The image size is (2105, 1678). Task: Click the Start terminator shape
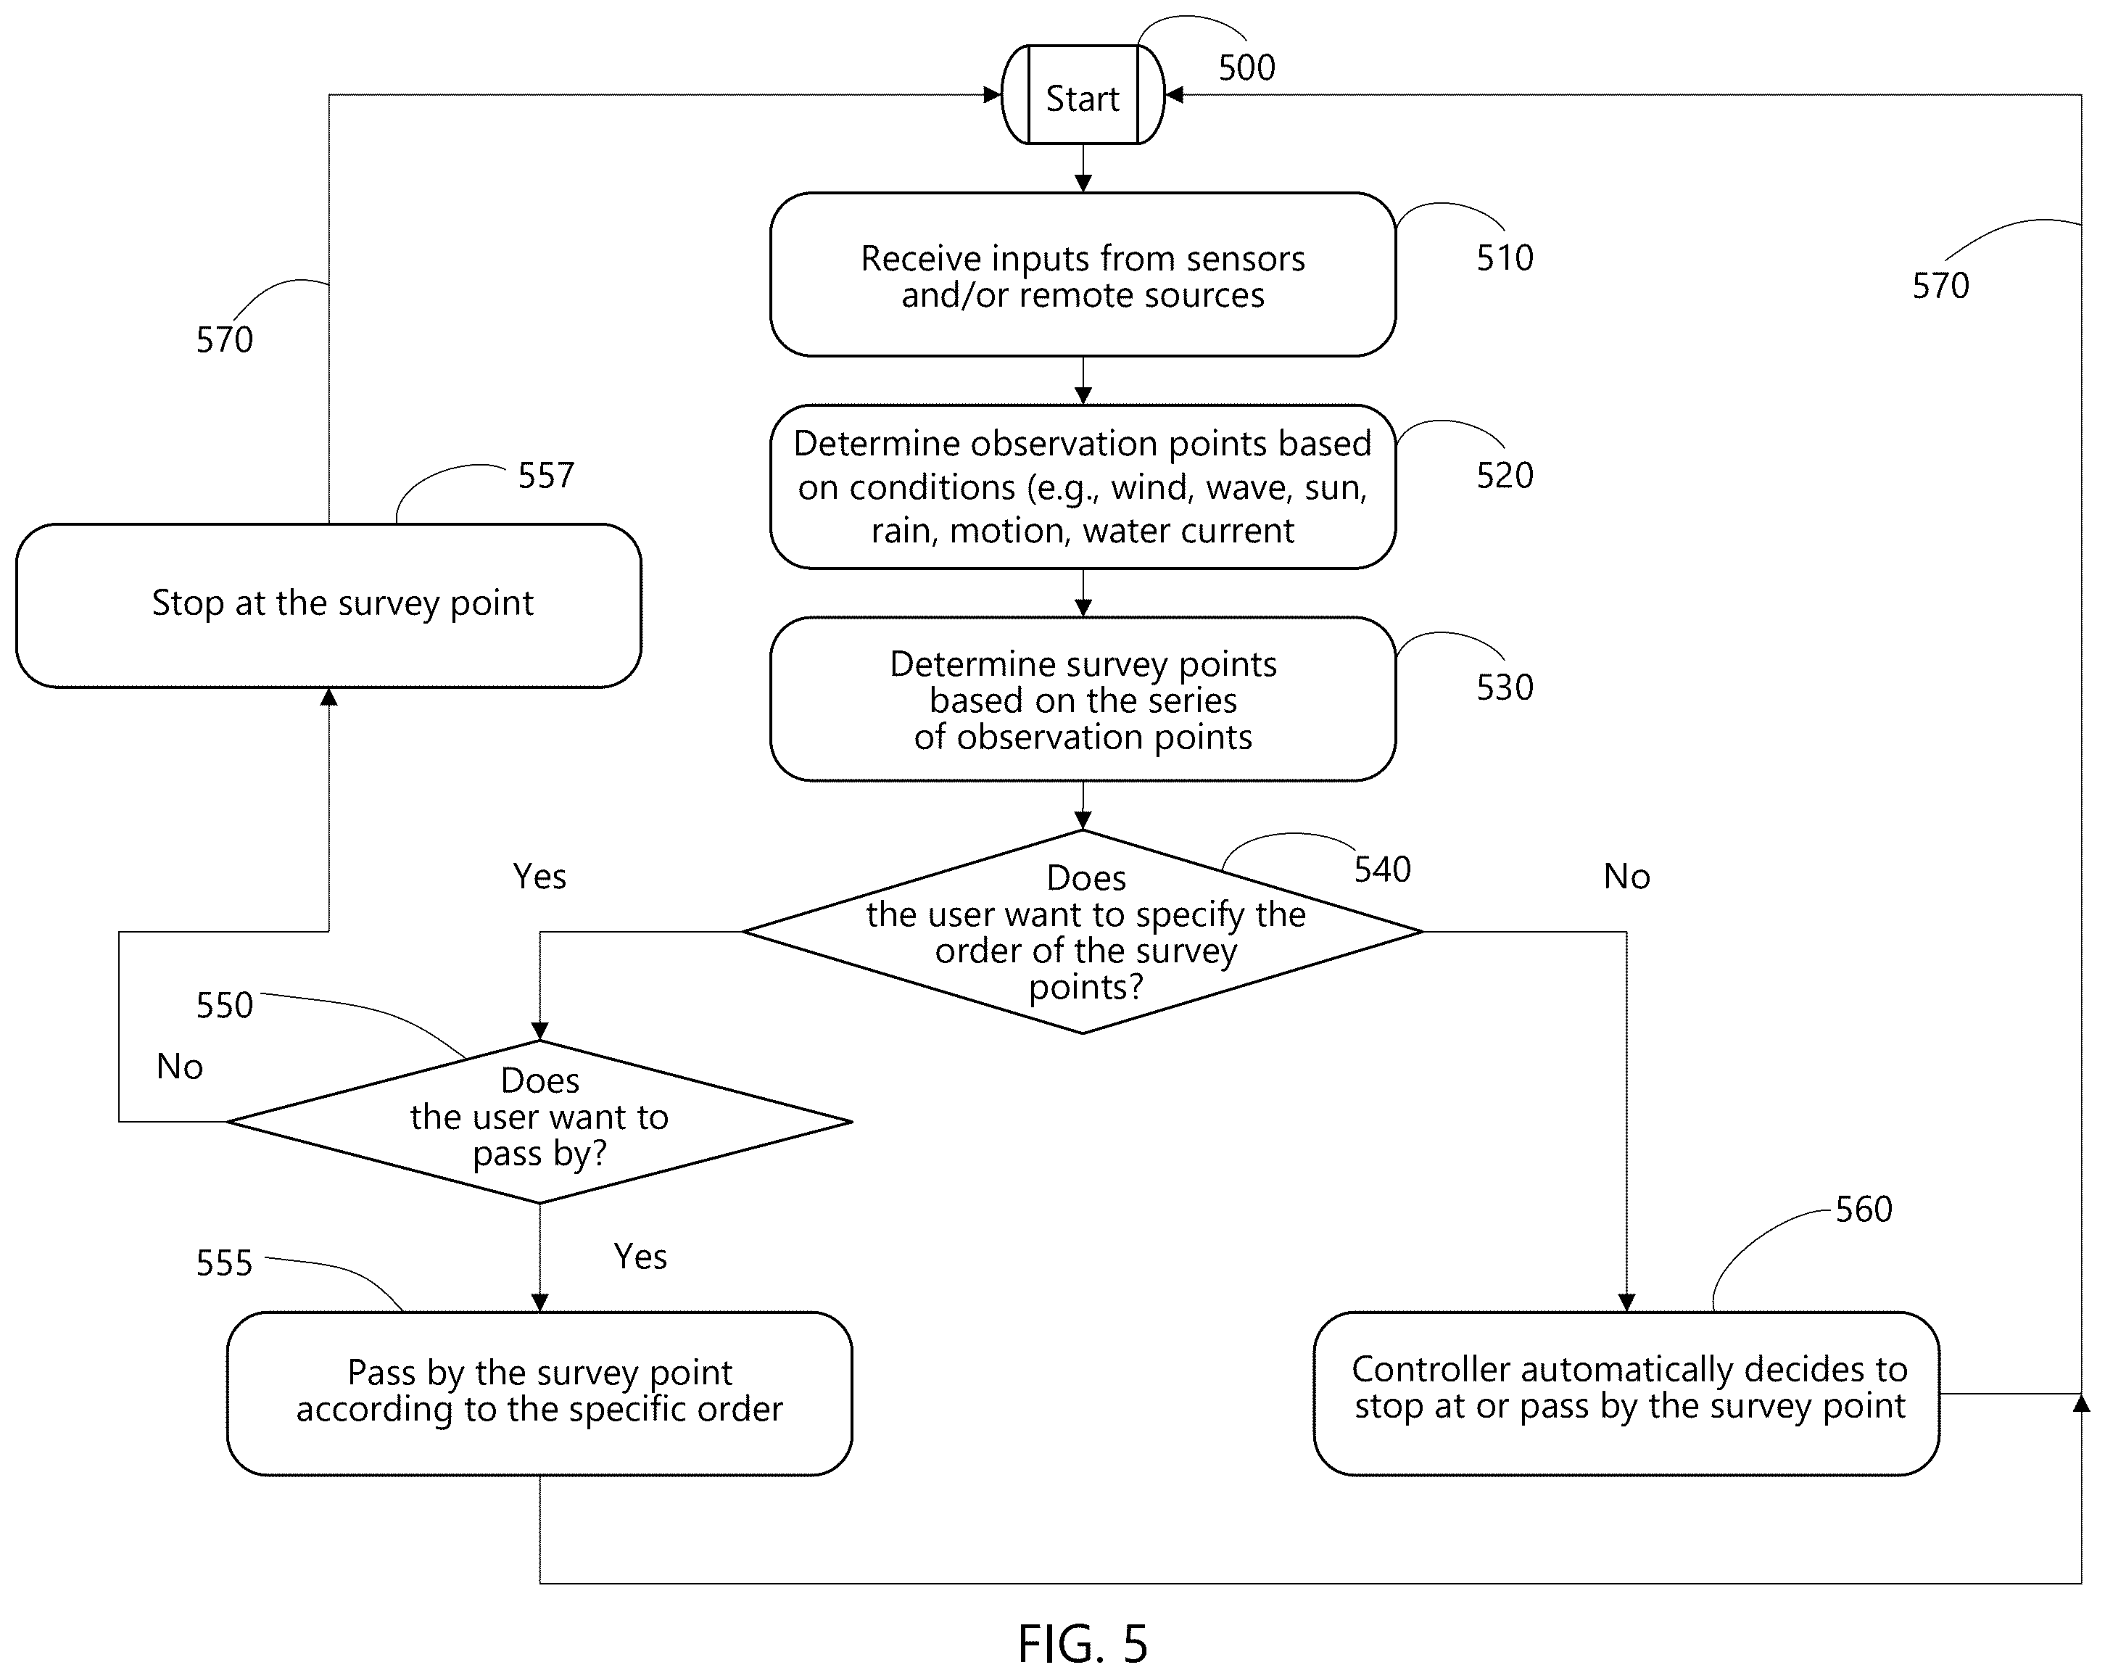tap(1083, 95)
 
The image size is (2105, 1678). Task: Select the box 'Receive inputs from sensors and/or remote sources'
tap(1083, 274)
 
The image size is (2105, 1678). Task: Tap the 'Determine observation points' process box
tap(1083, 486)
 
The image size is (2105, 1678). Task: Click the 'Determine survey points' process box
tap(1083, 699)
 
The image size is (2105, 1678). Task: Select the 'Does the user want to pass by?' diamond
tap(540, 1122)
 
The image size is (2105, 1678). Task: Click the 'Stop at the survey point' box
tap(329, 606)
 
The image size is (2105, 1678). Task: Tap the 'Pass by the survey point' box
tap(540, 1393)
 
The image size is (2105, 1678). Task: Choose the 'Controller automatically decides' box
tap(1626, 1393)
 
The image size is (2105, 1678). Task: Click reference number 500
tap(1246, 67)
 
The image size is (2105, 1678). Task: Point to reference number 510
tap(1505, 257)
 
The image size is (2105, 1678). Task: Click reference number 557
tap(546, 476)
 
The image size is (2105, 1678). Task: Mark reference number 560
tap(1864, 1210)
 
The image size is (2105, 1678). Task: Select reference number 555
tap(225, 1263)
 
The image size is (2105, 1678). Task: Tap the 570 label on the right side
tap(1941, 285)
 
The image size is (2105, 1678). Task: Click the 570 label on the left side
tap(225, 339)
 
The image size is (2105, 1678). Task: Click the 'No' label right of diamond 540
tap(1626, 877)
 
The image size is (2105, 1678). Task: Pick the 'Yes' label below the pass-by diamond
tap(640, 1256)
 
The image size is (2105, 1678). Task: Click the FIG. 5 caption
tap(1083, 1644)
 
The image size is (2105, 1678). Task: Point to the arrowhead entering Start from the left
tap(993, 95)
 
